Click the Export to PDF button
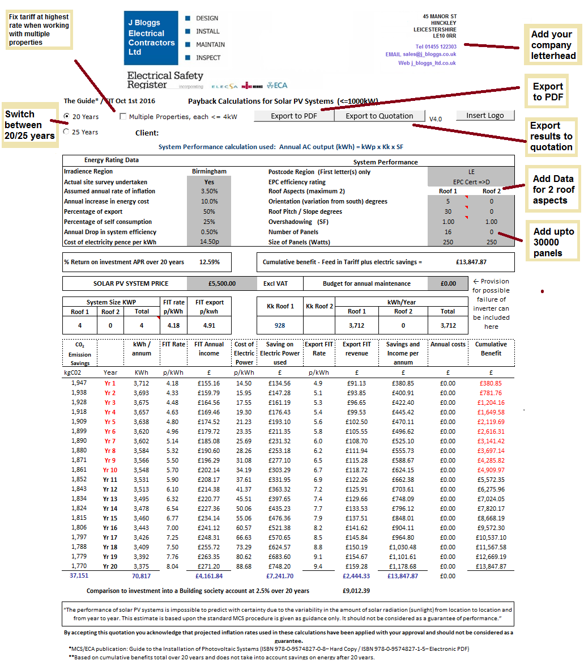click(293, 116)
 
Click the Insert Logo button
click(485, 115)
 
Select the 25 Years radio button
click(67, 132)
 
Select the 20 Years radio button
click(67, 117)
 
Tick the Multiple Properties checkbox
click(123, 117)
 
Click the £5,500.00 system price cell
click(221, 283)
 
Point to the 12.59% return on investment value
click(210, 262)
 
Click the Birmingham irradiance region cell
click(209, 171)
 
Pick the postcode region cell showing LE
click(471, 171)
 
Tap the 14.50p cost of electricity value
click(209, 242)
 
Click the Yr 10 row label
click(110, 470)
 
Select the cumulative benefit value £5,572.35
click(491, 480)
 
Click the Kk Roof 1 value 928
click(280, 325)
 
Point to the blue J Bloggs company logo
click(151, 38)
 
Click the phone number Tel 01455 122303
click(436, 46)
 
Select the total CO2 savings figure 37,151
click(79, 575)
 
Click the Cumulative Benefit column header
click(491, 349)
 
